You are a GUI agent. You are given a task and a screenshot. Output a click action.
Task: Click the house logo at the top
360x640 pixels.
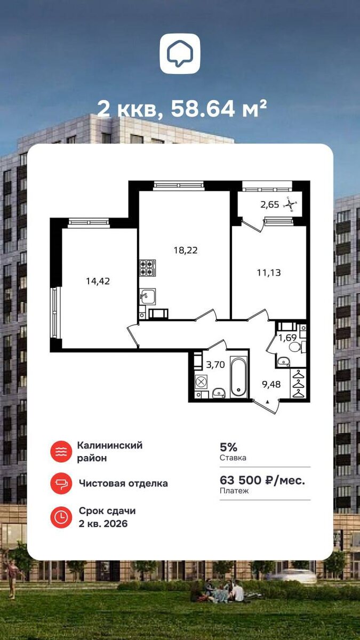click(180, 54)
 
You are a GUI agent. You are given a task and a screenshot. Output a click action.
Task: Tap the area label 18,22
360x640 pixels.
click(186, 251)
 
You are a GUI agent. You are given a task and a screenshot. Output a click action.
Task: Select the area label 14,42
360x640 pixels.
click(98, 282)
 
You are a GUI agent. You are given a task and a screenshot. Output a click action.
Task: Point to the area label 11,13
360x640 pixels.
click(269, 273)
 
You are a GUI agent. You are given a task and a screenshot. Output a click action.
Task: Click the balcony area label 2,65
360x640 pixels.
click(269, 205)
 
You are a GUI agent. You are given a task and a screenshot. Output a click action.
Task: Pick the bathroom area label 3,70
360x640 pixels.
click(215, 365)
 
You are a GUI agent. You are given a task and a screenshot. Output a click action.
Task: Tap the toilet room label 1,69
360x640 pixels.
click(287, 338)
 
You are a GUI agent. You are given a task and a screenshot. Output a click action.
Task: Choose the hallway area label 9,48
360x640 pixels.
click(271, 385)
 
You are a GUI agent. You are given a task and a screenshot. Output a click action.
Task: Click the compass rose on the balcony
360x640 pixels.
click(291, 204)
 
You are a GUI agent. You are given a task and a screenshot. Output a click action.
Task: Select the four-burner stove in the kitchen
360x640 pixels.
click(148, 268)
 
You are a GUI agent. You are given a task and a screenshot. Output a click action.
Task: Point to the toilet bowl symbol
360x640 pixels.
click(295, 347)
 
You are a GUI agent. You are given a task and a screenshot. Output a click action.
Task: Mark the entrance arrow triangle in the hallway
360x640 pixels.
click(268, 402)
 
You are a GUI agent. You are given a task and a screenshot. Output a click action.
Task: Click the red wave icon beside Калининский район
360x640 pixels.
click(61, 452)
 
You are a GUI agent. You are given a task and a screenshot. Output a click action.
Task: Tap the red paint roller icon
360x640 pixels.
click(61, 483)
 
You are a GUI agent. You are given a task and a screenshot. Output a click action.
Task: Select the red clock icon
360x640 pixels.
click(61, 517)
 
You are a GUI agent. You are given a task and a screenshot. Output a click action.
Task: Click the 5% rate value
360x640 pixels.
click(229, 446)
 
